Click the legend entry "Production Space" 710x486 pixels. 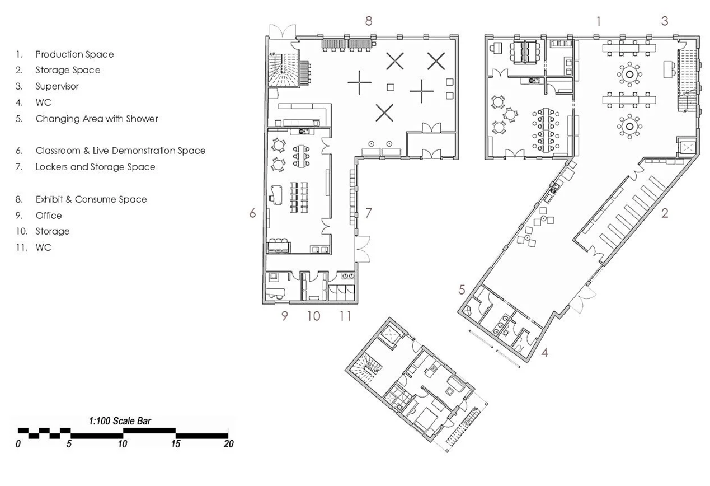click(74, 54)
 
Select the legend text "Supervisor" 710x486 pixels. click(57, 86)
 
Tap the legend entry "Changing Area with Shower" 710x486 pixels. click(97, 119)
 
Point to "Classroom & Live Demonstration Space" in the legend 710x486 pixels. click(120, 151)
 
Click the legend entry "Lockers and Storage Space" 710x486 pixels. click(96, 167)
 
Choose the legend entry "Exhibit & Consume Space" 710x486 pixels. click(91, 199)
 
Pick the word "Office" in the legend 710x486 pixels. click(49, 216)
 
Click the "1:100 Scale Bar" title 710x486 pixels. click(120, 421)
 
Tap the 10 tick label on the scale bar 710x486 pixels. click(123, 444)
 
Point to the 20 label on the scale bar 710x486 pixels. click(228, 444)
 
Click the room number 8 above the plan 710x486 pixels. click(369, 21)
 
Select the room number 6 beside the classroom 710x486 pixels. click(252, 213)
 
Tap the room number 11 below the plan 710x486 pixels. click(345, 316)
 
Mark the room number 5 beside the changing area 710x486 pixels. click(462, 289)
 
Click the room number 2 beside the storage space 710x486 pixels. click(665, 213)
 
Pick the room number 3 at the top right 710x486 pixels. click(665, 21)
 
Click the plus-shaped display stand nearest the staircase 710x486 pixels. click(359, 82)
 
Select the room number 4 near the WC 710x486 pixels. click(544, 352)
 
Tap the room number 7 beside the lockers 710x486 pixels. click(368, 213)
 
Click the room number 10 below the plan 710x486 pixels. click(313, 316)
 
